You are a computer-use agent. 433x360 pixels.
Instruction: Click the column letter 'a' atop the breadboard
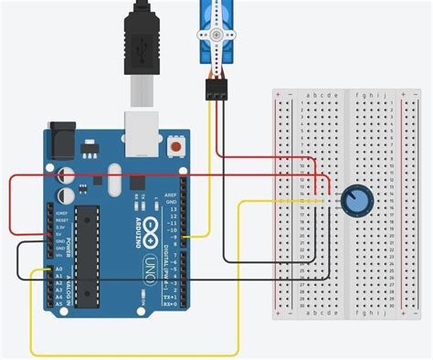click(x=311, y=94)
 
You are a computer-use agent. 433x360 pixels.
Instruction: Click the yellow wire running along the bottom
click(x=137, y=354)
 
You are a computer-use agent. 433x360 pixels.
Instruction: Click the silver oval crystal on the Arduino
click(x=112, y=177)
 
